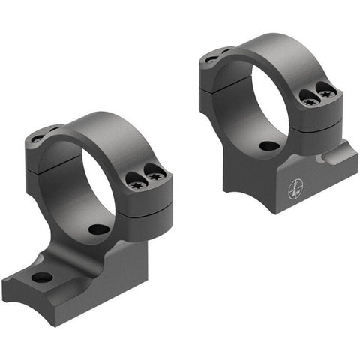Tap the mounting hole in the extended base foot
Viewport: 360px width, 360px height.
click(43, 277)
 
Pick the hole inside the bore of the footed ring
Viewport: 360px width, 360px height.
click(98, 229)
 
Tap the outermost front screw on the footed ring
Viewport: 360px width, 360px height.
click(156, 177)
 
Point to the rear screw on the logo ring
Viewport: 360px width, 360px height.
click(211, 58)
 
